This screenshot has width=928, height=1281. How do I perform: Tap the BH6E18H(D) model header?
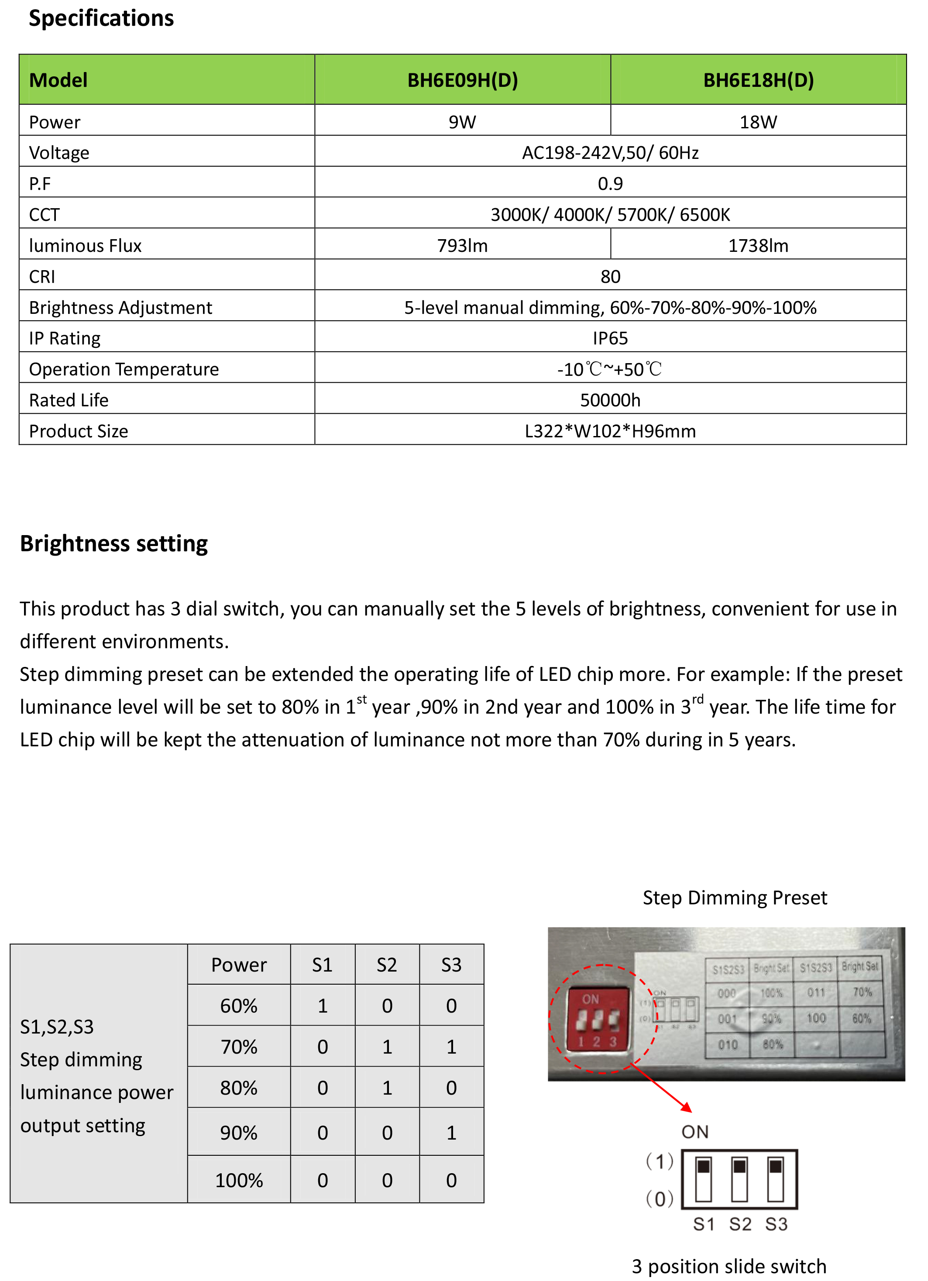pos(758,80)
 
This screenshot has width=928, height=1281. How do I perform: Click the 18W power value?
pos(758,122)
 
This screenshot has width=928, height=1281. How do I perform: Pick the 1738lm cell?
pos(758,246)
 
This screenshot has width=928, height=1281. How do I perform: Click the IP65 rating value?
pos(610,338)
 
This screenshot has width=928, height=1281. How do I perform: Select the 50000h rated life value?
pos(610,400)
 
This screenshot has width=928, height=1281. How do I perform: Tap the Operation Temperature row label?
pos(124,369)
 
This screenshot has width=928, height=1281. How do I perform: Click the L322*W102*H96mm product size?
pos(610,431)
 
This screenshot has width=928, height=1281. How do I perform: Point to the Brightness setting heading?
pos(113,543)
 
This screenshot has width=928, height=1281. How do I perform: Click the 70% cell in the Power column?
pos(239,1047)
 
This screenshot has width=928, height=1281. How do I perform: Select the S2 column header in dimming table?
pos(387,965)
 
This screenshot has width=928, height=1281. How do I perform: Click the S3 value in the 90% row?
pos(451,1133)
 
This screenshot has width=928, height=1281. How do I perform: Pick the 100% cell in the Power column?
pos(239,1180)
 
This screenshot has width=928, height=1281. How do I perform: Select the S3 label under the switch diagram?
pos(776,1224)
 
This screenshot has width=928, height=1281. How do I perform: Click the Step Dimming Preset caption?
pos(735,897)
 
